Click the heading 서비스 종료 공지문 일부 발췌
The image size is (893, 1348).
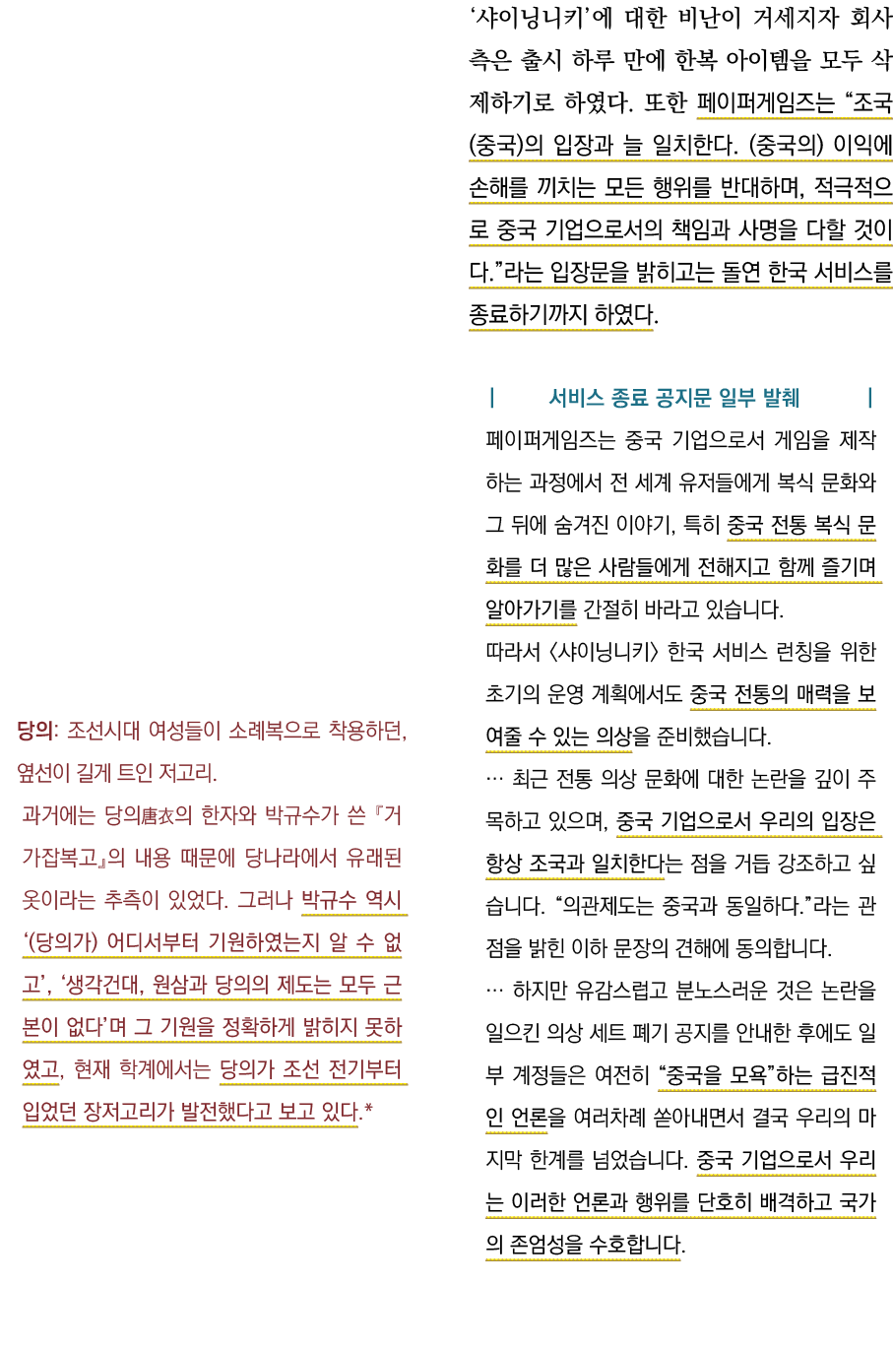(x=673, y=398)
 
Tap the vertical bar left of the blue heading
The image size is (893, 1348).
(x=491, y=398)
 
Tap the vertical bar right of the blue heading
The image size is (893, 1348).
(x=869, y=398)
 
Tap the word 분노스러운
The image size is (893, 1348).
(x=714, y=991)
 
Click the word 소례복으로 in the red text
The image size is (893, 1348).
(x=275, y=732)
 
